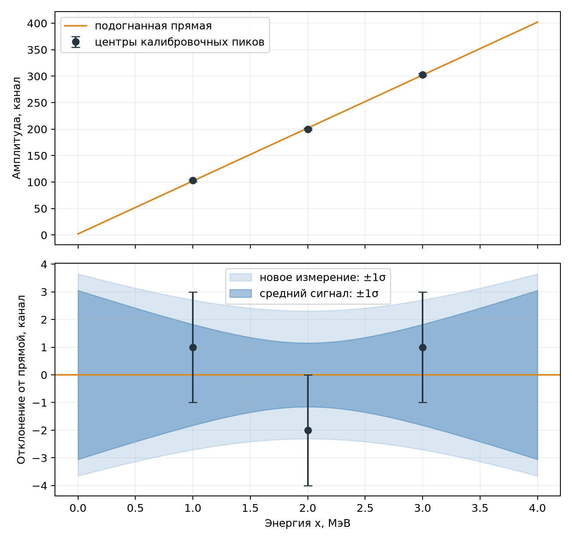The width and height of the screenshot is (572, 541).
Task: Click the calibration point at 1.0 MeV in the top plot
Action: pos(193,181)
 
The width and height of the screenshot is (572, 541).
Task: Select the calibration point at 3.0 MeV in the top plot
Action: pos(423,75)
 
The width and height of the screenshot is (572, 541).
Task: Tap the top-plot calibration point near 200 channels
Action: pos(308,129)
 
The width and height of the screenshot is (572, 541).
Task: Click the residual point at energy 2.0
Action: pos(308,430)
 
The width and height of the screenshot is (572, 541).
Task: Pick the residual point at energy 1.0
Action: pos(193,347)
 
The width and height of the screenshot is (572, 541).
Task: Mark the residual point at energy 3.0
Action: pos(423,347)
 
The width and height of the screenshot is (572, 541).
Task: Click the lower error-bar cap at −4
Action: pos(308,486)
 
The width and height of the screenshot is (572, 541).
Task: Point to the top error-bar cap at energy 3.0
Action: pos(423,292)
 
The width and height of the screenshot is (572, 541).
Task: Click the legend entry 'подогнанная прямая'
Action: pos(138,26)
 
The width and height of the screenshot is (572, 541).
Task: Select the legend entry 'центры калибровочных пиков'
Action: pos(164,42)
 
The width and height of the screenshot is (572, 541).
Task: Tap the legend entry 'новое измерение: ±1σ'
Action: pos(307,277)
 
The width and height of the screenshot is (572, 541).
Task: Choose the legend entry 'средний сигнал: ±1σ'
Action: pos(304,293)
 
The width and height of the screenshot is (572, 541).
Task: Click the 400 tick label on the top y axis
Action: pos(37,24)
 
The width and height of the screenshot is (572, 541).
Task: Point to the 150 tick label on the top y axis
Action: pos(37,156)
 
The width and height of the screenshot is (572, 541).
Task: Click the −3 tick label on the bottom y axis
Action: pos(40,458)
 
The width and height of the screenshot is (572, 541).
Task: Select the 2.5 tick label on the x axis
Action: pos(365,508)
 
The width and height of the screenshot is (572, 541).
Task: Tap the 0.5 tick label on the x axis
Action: pos(135,508)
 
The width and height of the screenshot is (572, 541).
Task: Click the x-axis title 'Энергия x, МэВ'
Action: pos(307,523)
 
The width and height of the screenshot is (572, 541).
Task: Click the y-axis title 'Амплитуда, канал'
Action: pos(17,128)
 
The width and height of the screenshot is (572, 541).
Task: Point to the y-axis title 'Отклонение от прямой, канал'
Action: pos(21,380)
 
